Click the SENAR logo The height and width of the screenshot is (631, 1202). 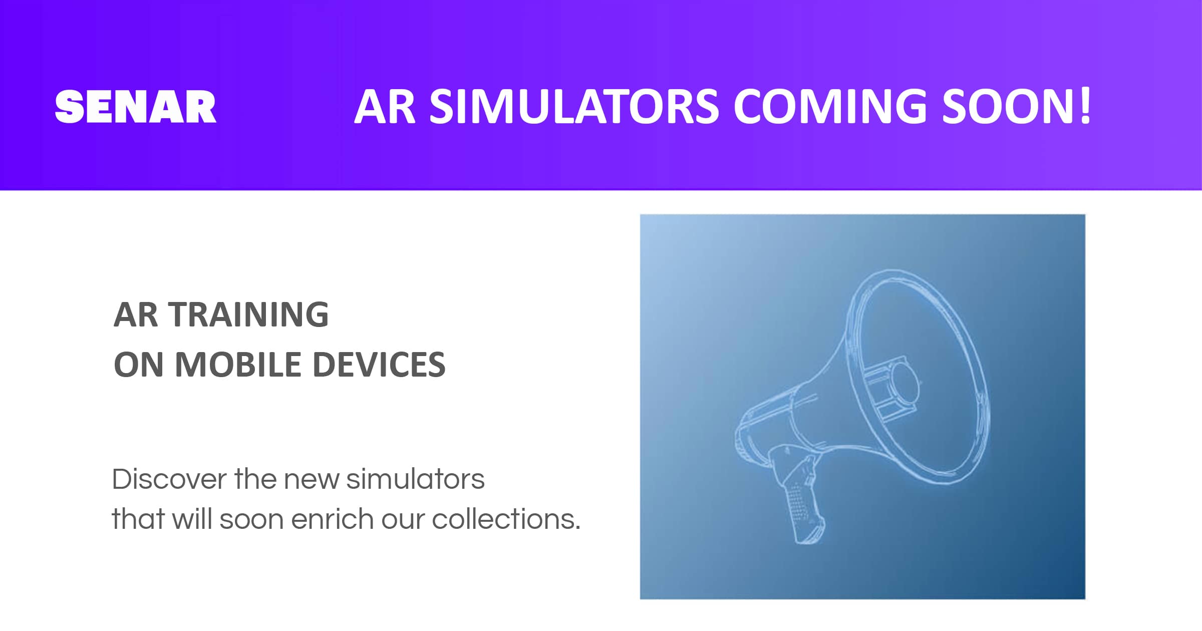[x=135, y=107]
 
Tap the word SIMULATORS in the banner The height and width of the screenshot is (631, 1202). [x=574, y=107]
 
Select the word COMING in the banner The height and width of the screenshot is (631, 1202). [x=830, y=107]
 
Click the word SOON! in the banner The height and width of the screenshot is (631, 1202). [x=1017, y=107]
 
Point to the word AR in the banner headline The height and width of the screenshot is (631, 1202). [x=385, y=107]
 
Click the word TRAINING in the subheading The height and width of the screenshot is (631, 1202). [x=249, y=315]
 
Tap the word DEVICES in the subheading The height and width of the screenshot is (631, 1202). [x=379, y=365]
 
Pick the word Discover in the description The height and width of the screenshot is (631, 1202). [x=169, y=479]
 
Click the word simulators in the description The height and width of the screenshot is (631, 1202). [x=415, y=479]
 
